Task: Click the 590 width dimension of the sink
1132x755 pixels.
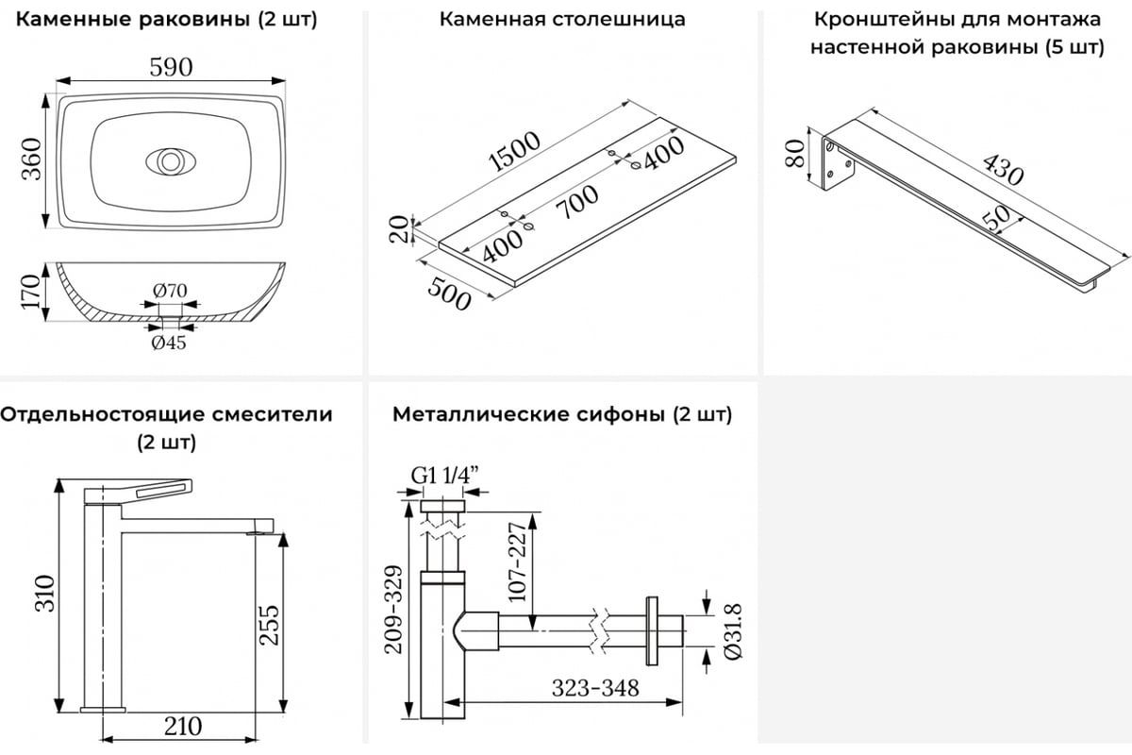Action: (171, 67)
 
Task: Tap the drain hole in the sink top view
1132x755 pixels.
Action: (170, 161)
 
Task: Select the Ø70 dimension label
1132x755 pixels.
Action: (171, 291)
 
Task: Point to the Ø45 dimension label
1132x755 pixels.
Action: (169, 343)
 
